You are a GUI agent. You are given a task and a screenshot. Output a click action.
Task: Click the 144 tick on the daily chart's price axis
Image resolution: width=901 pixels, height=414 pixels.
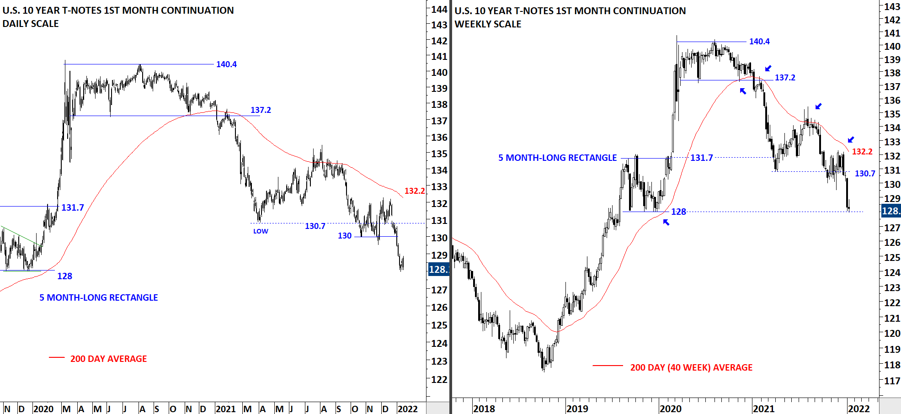coord(439,9)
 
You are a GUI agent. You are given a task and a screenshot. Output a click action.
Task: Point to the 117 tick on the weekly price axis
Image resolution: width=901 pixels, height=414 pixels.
coord(892,381)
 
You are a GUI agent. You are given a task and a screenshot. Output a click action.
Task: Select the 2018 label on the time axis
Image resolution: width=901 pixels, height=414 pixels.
coord(484,409)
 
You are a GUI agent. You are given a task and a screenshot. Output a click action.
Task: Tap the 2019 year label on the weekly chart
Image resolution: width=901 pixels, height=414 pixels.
coord(577,409)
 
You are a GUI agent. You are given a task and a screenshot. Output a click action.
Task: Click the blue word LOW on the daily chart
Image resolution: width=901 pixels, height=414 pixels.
coord(261,231)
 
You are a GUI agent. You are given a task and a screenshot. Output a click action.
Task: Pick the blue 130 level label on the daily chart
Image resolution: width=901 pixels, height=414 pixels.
coord(345,236)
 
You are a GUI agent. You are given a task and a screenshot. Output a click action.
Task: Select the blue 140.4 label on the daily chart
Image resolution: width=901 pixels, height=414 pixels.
coord(226,64)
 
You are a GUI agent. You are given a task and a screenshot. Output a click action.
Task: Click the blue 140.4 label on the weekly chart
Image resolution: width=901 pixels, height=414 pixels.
coord(759,42)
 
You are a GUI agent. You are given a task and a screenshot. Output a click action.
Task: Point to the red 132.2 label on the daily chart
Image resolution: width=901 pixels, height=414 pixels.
coord(415,191)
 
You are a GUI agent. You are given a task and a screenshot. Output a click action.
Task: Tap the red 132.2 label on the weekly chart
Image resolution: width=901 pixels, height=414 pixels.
coord(862,152)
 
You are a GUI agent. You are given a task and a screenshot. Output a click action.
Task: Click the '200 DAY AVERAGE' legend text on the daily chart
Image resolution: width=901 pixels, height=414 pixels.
coord(108,359)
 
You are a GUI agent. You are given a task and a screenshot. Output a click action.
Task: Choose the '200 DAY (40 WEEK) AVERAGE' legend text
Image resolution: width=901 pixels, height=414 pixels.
coord(691,368)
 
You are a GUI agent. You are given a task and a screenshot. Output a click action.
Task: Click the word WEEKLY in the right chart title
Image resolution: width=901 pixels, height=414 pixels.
coord(471,24)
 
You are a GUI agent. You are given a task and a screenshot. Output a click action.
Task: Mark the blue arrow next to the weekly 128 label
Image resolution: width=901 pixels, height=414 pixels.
coord(666,222)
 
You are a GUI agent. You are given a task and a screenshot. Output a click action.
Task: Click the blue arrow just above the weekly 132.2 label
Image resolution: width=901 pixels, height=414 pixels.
coord(851,140)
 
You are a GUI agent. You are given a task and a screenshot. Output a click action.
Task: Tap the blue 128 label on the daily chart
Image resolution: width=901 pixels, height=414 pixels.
coord(64,276)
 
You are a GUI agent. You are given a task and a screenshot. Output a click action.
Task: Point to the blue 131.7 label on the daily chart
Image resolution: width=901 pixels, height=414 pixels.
coord(73,208)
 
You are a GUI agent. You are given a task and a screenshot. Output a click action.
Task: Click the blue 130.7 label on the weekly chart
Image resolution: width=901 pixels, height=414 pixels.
coord(865,174)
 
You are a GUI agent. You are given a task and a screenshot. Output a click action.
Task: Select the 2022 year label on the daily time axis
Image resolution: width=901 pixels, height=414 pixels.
coord(407,409)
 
